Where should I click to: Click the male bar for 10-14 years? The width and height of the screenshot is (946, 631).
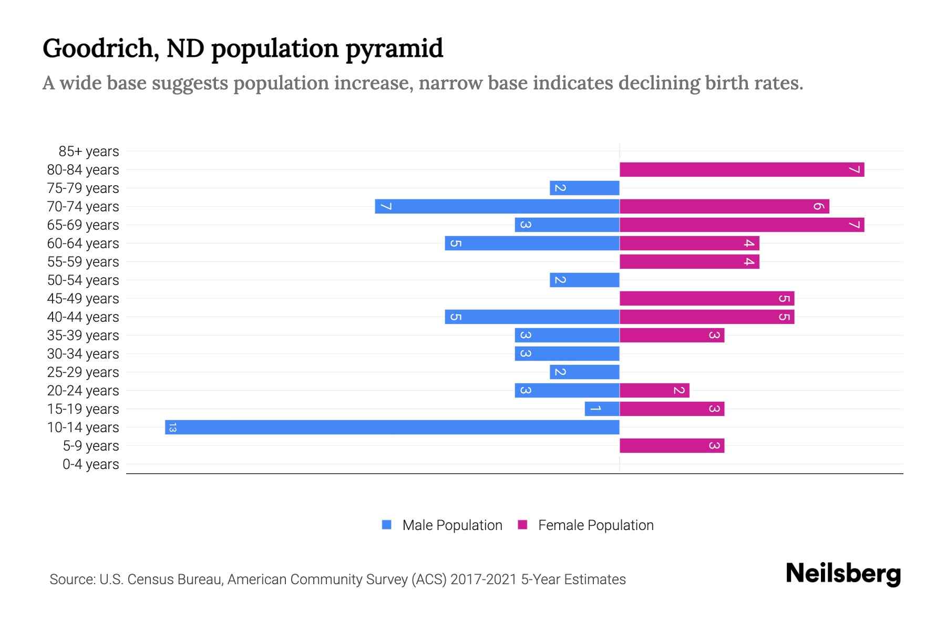tap(392, 427)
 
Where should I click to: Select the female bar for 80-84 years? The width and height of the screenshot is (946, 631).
tap(742, 169)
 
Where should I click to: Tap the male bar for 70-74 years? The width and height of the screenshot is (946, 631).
tap(497, 206)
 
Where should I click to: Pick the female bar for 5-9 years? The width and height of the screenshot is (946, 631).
tap(672, 445)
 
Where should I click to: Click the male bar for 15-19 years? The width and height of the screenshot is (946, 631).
tap(602, 409)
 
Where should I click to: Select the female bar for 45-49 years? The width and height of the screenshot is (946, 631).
tap(707, 298)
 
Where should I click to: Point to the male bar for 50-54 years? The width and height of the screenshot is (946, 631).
tap(584, 280)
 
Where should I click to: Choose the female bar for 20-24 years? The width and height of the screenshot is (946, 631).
tap(654, 390)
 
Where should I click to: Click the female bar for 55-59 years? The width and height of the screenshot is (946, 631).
tap(689, 261)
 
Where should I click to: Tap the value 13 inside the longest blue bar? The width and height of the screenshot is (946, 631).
tap(172, 428)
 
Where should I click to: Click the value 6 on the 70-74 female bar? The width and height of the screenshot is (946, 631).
tap(818, 206)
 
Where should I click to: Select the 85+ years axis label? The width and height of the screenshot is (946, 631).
tap(89, 151)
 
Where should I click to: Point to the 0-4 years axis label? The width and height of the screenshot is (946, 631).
tap(90, 464)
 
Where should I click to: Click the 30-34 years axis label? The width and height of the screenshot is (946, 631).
tap(83, 354)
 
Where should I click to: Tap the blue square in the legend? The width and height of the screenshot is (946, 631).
tap(387, 525)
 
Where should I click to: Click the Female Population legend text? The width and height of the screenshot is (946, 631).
tap(595, 525)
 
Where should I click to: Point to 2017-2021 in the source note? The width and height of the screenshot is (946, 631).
tap(483, 579)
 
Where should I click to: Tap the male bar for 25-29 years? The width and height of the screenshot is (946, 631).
tap(584, 372)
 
